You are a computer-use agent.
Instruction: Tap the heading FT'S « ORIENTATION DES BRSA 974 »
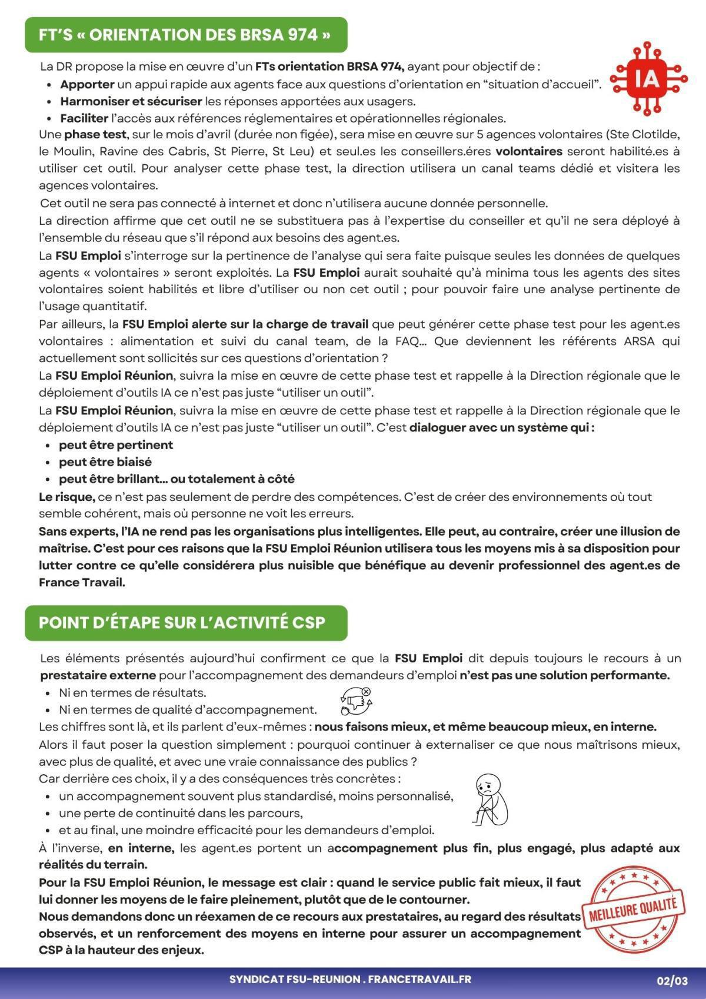(x=185, y=35)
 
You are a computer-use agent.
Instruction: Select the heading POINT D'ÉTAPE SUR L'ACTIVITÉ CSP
(x=182, y=623)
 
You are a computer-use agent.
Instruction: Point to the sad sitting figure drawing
(x=490, y=799)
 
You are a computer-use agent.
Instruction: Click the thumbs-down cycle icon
(x=356, y=701)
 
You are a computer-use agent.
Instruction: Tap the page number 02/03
(x=672, y=981)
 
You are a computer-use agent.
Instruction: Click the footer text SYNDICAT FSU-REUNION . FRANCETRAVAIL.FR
(x=350, y=980)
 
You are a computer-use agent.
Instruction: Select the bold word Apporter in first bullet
(x=87, y=84)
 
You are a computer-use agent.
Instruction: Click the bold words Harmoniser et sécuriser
(x=131, y=101)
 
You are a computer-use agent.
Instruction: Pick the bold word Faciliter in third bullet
(x=84, y=118)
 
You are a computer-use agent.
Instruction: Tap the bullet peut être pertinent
(x=115, y=445)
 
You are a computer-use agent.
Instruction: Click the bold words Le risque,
(x=66, y=497)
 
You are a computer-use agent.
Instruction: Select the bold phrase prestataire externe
(x=98, y=675)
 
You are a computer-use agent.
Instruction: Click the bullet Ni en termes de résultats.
(x=132, y=693)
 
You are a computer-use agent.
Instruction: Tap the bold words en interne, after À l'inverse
(x=141, y=848)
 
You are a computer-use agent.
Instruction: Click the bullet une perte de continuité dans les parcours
(x=180, y=814)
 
